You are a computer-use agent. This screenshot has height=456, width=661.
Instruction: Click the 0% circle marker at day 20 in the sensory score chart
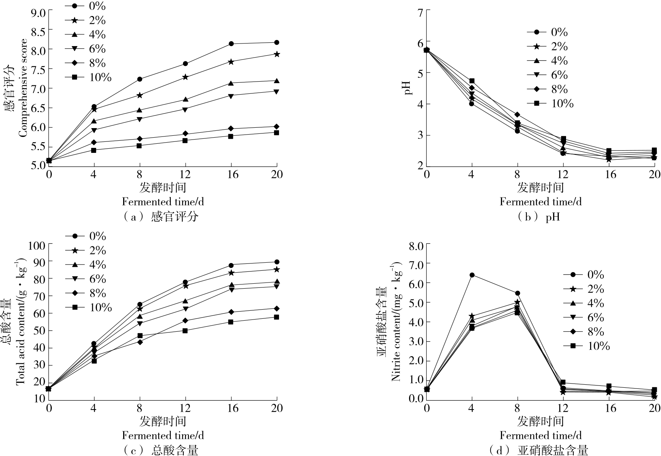coord(277,42)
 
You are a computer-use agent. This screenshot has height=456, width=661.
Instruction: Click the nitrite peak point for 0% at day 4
coord(472,275)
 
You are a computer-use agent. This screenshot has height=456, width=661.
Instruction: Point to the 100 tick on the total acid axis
coord(37,245)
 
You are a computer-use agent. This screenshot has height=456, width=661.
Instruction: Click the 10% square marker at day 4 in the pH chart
coord(472,81)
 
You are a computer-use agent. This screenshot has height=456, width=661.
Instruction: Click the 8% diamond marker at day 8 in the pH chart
coord(517,114)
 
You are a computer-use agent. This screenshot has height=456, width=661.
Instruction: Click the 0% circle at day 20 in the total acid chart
coord(277,262)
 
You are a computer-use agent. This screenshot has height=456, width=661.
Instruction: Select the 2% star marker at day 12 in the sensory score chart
coord(185,77)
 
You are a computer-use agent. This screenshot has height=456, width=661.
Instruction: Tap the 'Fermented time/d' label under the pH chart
coord(541,201)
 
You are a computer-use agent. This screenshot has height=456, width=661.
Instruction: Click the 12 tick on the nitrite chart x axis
coord(563,408)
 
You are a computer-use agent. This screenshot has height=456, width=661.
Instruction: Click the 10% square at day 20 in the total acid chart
coord(277,317)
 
